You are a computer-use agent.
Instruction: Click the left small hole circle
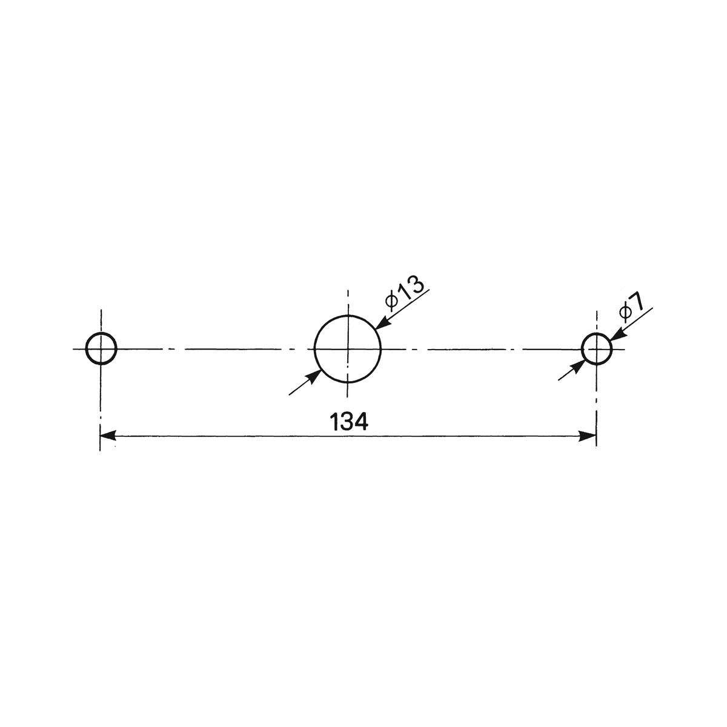click(x=86, y=348)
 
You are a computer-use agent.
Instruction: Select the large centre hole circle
click(x=314, y=349)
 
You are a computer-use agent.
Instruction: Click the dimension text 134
click(x=348, y=422)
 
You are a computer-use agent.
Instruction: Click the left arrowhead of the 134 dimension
click(x=108, y=436)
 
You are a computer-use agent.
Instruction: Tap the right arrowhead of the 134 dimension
click(x=588, y=436)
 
